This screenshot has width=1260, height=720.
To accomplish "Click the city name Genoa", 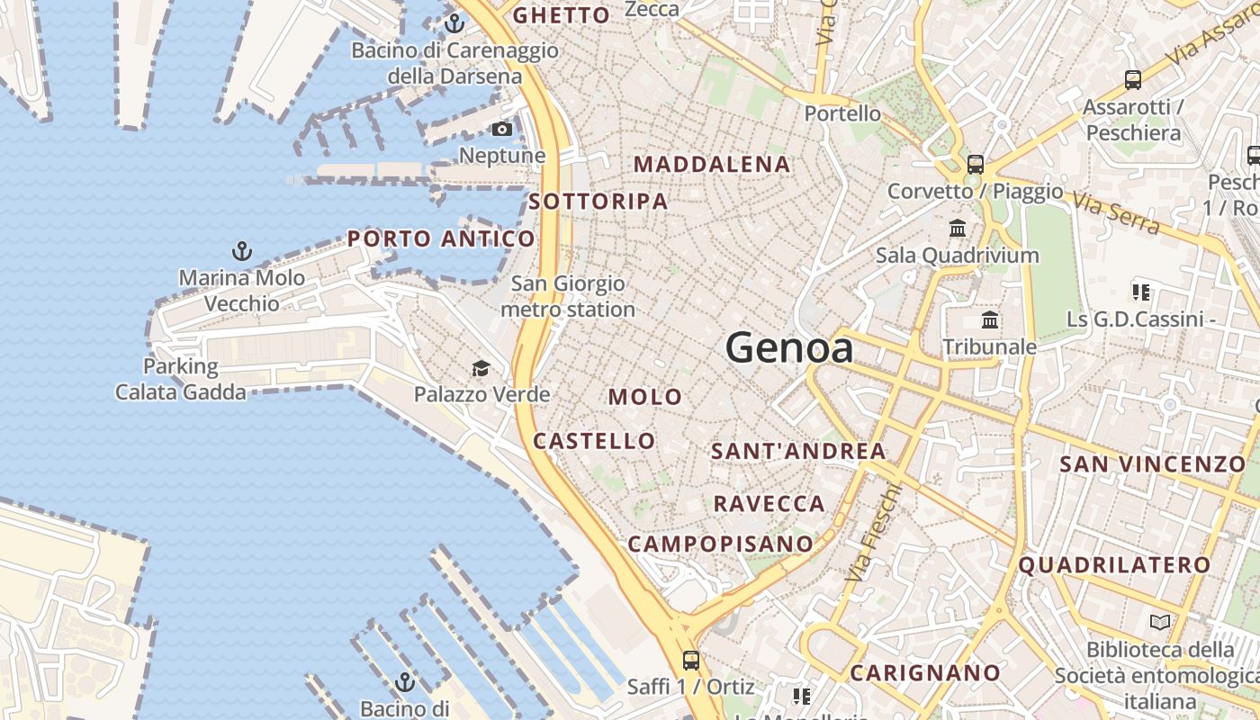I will coord(789,347).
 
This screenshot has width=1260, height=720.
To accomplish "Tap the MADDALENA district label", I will coord(712,164).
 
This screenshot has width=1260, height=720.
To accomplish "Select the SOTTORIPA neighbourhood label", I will coord(598,202).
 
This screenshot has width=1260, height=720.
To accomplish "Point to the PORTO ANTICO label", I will coord(441,238).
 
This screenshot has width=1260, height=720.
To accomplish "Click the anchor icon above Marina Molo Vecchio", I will coord(241,250).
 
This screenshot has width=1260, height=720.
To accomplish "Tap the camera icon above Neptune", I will coord(502,130).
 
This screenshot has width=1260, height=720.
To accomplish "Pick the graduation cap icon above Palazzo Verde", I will coord(481,368).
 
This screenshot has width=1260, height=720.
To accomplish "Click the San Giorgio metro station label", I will coord(568,297).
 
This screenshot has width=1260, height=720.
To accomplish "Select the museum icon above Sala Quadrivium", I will coord(958,229).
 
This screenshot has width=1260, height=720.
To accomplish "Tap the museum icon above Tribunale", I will coord(990,320).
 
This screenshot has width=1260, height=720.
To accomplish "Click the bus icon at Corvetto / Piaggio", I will coord(976,165).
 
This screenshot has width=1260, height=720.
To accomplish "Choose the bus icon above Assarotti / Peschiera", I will coord(1133,80).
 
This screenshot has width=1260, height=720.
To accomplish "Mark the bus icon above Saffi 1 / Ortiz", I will coord(690,660).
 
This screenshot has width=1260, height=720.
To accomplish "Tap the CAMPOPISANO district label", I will coord(720,544).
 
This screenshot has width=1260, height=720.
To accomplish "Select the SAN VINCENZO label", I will coord(1152,464).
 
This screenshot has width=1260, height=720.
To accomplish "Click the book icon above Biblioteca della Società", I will coord(1160,622).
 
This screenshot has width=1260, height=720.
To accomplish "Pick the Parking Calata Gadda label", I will coord(180,379).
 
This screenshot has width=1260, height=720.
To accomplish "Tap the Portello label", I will coord(842,113).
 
